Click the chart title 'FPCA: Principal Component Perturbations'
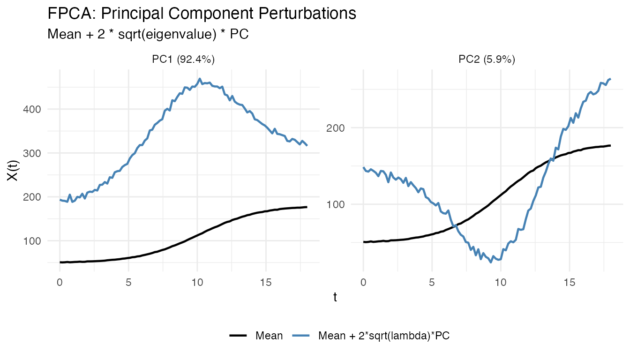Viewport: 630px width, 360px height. (x=202, y=14)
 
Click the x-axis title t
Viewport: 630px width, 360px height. (x=335, y=298)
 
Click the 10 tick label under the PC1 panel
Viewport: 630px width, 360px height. (x=197, y=283)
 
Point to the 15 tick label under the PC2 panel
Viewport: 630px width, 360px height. (x=569, y=283)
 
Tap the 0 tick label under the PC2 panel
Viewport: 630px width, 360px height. (x=363, y=283)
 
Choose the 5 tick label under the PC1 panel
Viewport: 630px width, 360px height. (x=128, y=283)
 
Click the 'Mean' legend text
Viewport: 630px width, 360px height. (x=269, y=336)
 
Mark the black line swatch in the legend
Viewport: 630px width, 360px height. (x=239, y=336)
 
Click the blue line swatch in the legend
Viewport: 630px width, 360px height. (x=301, y=336)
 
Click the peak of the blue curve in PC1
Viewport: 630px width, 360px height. (x=200, y=79)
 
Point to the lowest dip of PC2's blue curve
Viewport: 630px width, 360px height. (x=491, y=262)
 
